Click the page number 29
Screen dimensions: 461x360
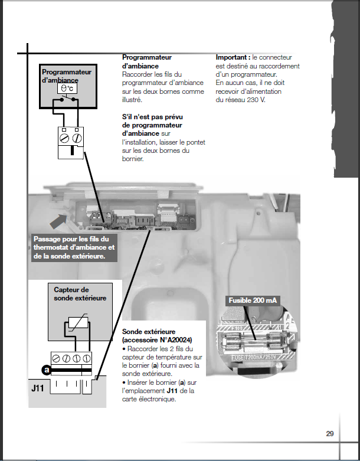pos(330,434)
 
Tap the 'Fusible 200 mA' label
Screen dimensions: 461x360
pos(253,300)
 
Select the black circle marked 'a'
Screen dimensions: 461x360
pos(45,370)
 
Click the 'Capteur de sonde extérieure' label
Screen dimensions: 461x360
pos(71,294)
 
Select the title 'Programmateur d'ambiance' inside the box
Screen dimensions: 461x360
pos(67,75)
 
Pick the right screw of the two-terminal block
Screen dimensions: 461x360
pos(78,137)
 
